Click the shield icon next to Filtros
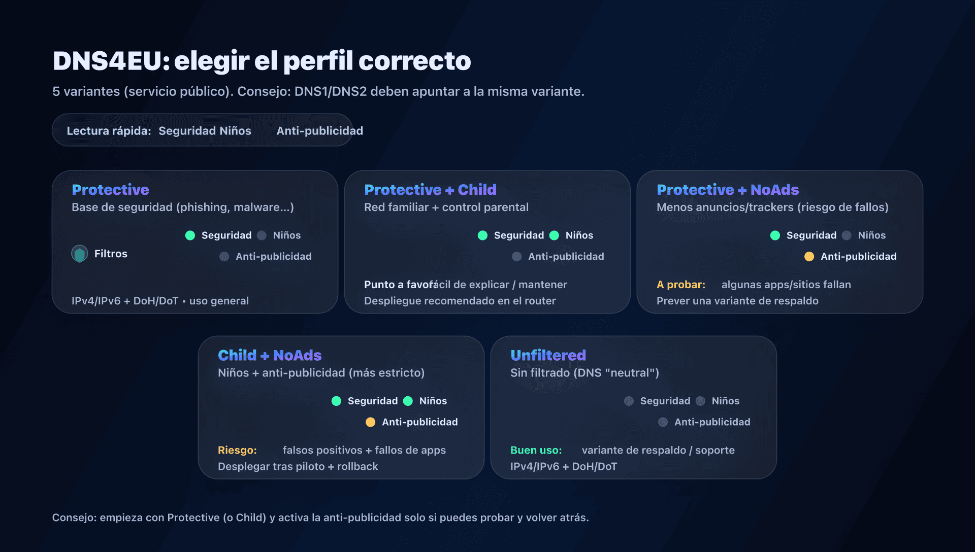[80, 254]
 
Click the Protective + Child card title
[430, 190]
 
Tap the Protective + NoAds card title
[727, 190]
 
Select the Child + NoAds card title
[270, 355]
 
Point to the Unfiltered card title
[548, 355]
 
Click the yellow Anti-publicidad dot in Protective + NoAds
[809, 257]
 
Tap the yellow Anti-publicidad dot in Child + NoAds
[370, 422]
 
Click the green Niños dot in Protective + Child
[554, 235]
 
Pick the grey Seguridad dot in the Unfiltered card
[629, 401]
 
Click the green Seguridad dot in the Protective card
[190, 235]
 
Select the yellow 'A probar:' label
[680, 285]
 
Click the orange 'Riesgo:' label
[237, 450]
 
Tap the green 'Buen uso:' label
[536, 450]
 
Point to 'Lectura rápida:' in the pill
[109, 131]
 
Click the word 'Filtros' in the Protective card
[111, 254]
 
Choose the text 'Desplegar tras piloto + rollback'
[298, 466]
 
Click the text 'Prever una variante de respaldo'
[737, 301]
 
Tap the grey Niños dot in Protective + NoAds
[847, 235]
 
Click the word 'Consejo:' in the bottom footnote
[74, 517]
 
